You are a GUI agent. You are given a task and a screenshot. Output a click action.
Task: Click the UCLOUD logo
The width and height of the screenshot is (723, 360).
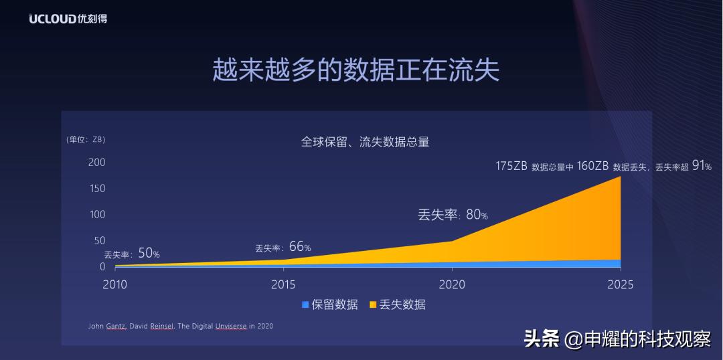click(x=68, y=19)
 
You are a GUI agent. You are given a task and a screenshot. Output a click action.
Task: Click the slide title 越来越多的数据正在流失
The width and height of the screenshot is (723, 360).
click(x=355, y=70)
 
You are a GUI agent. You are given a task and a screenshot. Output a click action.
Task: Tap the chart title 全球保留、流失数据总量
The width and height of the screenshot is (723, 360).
click(x=364, y=142)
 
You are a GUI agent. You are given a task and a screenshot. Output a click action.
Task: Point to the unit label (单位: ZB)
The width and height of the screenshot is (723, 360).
click(x=86, y=139)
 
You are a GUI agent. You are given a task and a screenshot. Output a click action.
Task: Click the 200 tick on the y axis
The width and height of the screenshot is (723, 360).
click(x=97, y=163)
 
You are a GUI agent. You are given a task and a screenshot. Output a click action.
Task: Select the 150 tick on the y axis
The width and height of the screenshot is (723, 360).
click(x=97, y=189)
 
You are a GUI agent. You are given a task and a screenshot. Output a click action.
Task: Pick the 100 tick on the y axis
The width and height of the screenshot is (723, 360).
click(x=97, y=215)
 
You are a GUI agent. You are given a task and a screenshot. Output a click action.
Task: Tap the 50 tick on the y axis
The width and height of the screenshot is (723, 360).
click(x=100, y=241)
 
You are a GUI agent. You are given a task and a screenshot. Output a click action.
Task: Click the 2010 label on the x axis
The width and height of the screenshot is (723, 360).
click(x=114, y=284)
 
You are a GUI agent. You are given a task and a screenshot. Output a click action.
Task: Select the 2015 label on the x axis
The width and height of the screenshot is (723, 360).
click(x=283, y=284)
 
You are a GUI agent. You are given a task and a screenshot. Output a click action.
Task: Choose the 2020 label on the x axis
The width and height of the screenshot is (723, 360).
click(x=452, y=284)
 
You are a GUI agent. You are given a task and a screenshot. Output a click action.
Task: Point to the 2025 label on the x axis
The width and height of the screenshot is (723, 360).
click(x=620, y=284)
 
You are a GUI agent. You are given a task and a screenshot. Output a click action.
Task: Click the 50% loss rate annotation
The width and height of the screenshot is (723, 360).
click(x=149, y=254)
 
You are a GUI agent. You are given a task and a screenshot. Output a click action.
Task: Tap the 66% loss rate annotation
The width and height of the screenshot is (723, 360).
click(x=300, y=247)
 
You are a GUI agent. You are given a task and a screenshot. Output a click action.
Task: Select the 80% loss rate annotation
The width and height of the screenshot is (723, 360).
click(x=477, y=215)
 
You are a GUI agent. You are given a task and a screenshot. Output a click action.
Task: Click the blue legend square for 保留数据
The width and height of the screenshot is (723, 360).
click(x=305, y=305)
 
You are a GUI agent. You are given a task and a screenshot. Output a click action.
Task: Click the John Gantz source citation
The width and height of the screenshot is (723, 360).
click(x=180, y=327)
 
